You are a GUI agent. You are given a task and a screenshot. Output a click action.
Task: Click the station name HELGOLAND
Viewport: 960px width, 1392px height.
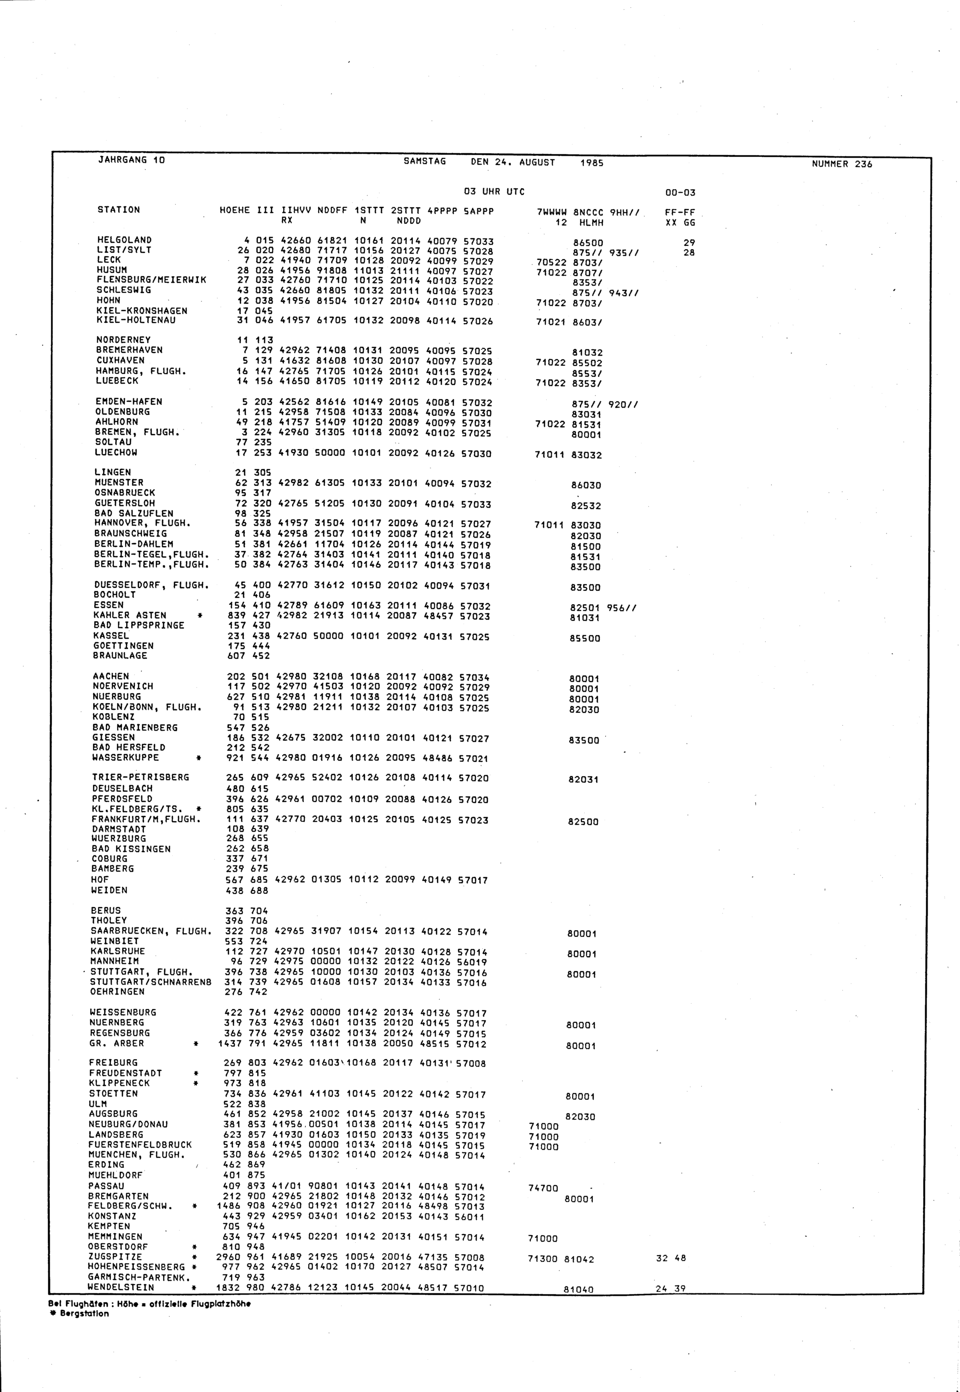[x=124, y=240]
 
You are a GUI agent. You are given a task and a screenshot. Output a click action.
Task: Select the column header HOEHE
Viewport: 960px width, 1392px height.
[x=235, y=210]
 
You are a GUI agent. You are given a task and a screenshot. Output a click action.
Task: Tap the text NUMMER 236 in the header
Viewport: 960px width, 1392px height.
[x=841, y=164]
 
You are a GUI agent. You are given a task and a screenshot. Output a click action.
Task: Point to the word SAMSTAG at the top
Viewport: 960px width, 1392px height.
[x=425, y=161]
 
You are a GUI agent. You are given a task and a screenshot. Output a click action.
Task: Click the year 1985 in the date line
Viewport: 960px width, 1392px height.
[x=592, y=162]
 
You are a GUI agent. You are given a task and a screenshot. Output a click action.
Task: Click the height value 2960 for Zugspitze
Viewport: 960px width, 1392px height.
[x=228, y=1257]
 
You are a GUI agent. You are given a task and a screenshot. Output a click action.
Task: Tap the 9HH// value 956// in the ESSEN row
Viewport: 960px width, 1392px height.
[x=622, y=608]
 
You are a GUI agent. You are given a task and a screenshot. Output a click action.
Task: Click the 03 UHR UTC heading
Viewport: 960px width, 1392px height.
[x=494, y=192]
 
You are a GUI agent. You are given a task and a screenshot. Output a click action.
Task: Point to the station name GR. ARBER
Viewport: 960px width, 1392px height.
[x=117, y=1043]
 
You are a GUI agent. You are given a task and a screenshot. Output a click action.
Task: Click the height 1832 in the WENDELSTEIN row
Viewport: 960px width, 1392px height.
[x=228, y=1288]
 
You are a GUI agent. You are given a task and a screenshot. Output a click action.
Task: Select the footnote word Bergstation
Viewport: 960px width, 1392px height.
[x=84, y=1314]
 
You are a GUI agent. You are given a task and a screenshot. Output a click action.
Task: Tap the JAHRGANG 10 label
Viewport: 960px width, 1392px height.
[x=131, y=160]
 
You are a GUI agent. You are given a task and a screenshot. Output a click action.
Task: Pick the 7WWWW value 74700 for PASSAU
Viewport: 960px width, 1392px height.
[x=543, y=1188]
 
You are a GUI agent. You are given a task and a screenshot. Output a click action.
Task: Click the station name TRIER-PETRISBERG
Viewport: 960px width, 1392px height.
[x=140, y=777]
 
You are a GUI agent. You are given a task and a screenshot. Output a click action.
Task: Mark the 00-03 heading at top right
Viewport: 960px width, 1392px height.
[x=680, y=192]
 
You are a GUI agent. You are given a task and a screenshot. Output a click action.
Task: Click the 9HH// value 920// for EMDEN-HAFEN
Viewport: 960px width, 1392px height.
[x=623, y=404]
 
